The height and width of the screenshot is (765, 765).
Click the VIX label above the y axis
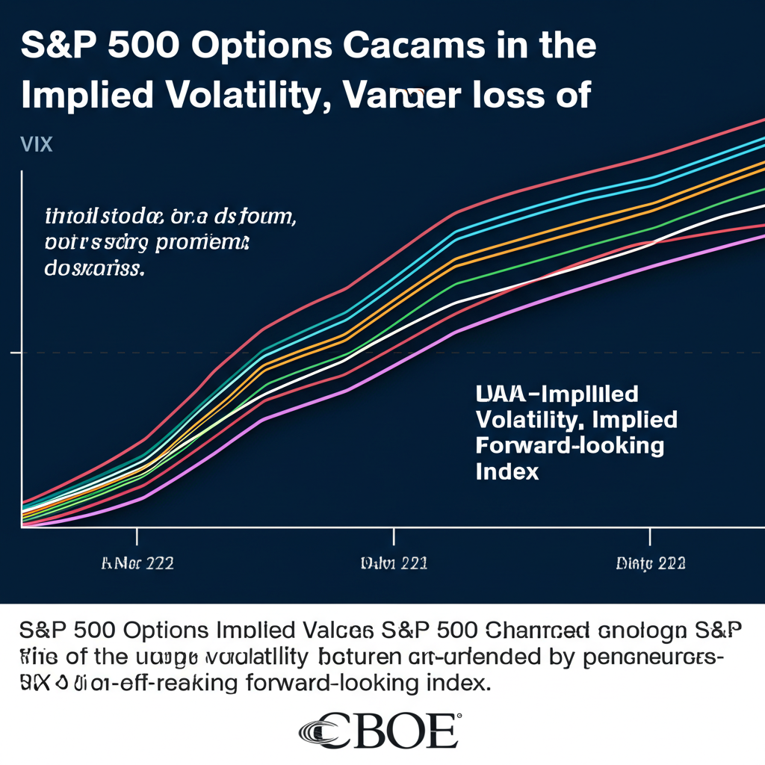(37, 144)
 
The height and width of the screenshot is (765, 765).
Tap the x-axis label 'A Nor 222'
(137, 563)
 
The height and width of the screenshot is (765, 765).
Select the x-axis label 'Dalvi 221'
(394, 563)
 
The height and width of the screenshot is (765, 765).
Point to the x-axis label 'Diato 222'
(651, 563)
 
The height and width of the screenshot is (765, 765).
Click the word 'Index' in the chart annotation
(507, 471)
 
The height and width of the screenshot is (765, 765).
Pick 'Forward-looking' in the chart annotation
(569, 445)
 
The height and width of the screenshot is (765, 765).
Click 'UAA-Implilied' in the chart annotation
(557, 393)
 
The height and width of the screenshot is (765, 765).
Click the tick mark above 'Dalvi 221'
(394, 536)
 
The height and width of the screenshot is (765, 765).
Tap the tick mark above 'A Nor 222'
(137, 536)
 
